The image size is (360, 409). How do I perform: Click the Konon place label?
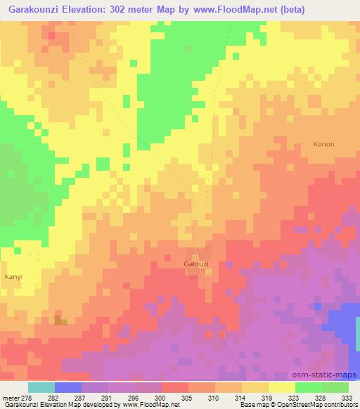[323, 144]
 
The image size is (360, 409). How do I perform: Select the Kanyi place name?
[14, 277]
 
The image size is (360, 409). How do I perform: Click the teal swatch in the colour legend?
[41, 387]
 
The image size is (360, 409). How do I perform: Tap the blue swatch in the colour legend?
[68, 387]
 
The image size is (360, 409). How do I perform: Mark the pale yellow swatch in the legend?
[282, 387]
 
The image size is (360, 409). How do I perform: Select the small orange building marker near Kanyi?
[60, 320]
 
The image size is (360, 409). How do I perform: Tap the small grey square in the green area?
[188, 49]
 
